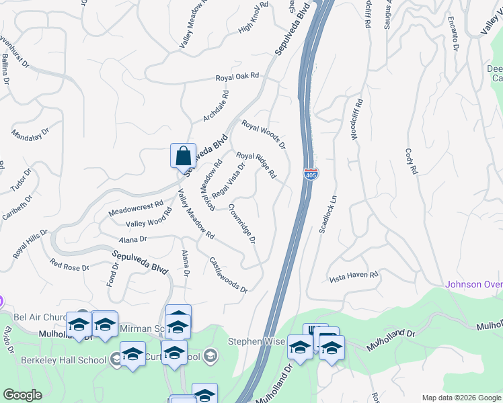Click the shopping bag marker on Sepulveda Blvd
[x=183, y=156]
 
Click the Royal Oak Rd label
[x=237, y=77]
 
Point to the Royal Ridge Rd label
[x=256, y=165]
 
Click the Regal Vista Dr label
[x=229, y=181]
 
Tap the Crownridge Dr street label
[x=242, y=224]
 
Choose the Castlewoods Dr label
[x=229, y=275]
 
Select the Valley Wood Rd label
[x=149, y=220]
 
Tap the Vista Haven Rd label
[x=354, y=276]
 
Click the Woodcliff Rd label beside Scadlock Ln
[x=356, y=119]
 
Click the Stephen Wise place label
[x=256, y=341]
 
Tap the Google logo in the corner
[x=22, y=394]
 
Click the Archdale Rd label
[x=216, y=107]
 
